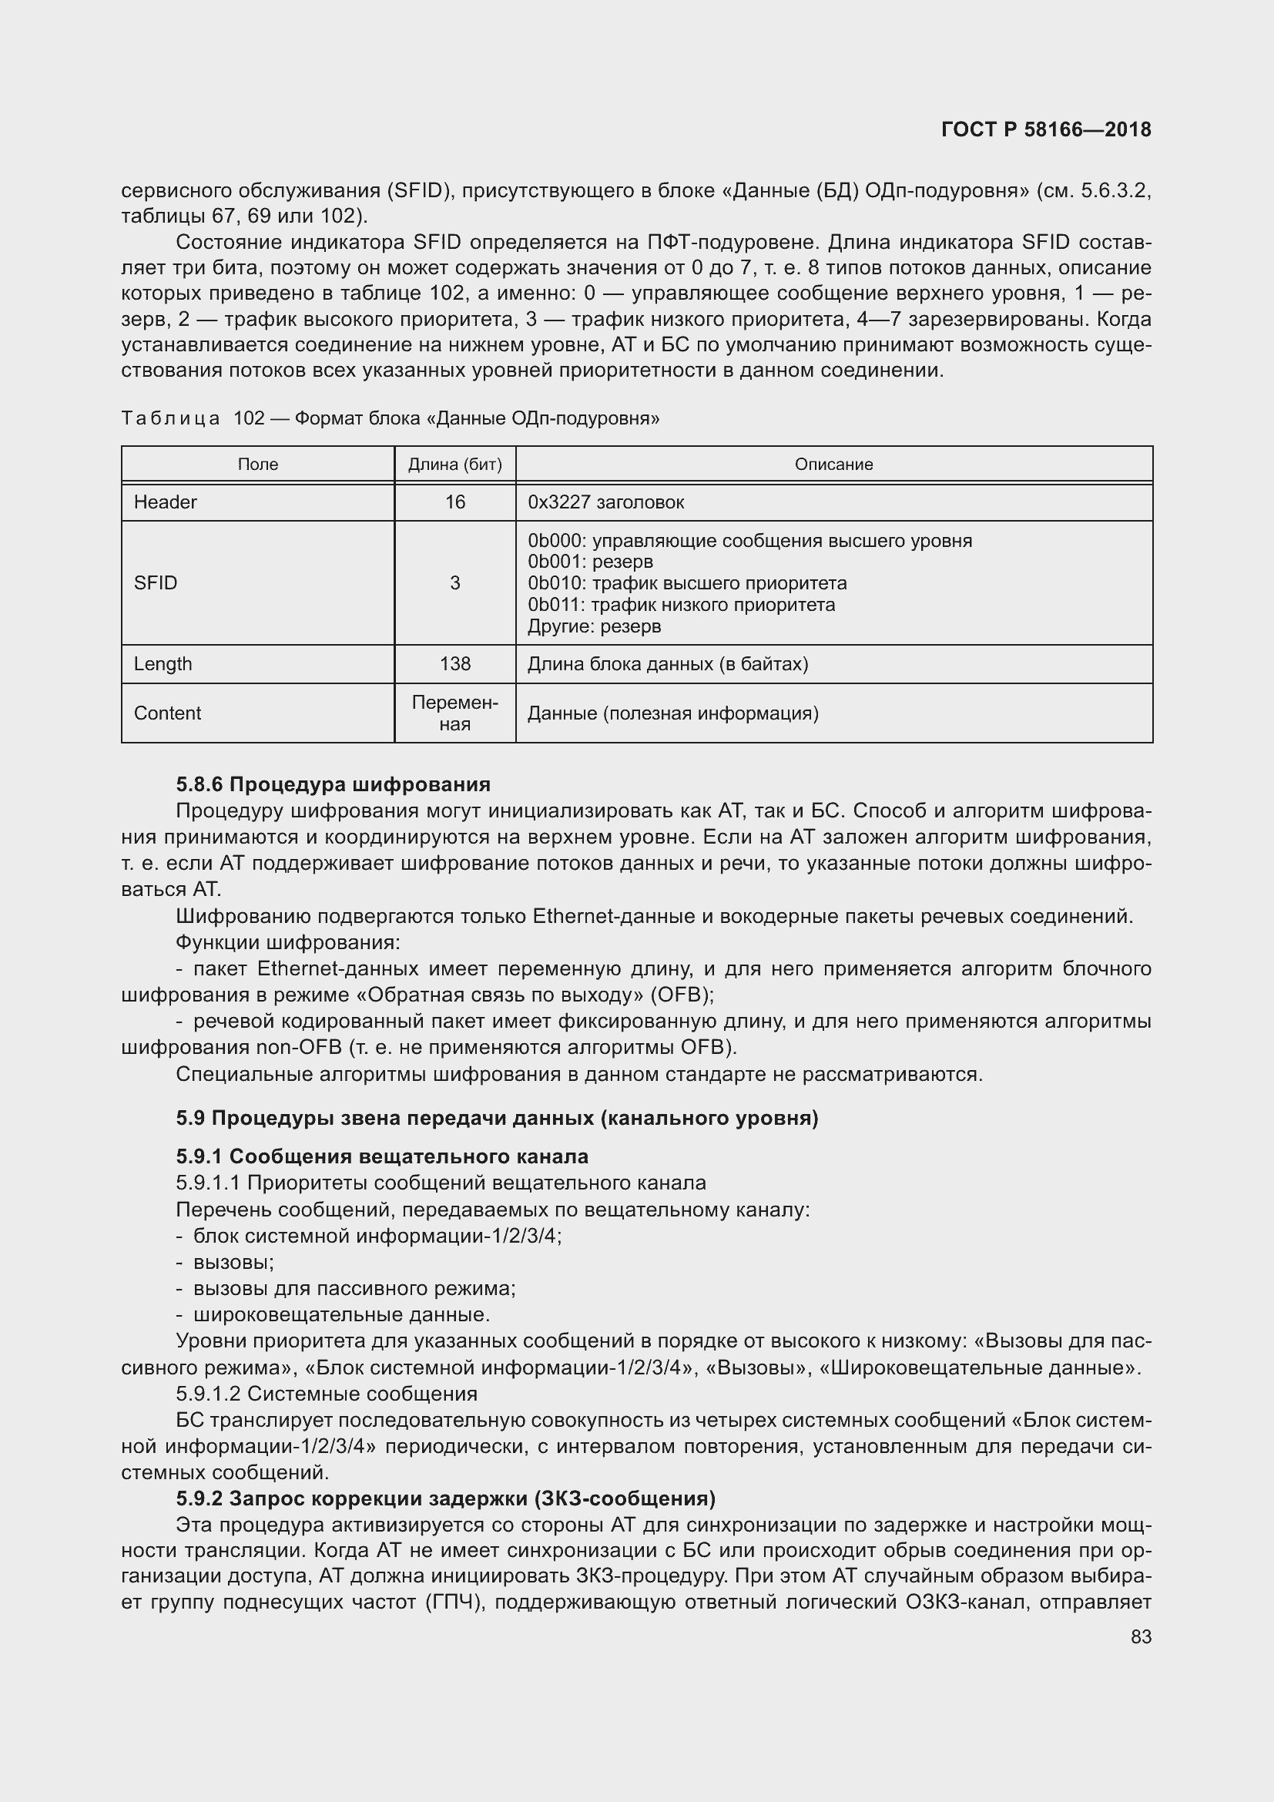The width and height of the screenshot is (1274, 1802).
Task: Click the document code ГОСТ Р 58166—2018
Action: (1046, 129)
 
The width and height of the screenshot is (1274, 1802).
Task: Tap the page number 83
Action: (1141, 1636)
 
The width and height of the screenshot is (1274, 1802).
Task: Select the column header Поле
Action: (257, 464)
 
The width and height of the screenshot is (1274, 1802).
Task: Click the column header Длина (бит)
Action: (454, 464)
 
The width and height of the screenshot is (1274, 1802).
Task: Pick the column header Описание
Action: (833, 464)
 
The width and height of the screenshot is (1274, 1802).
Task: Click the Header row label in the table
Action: (165, 502)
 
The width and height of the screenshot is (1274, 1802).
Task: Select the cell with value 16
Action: (454, 502)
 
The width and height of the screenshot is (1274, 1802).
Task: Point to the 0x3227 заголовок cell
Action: (605, 502)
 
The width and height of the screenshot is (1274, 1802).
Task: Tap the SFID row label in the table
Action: (156, 582)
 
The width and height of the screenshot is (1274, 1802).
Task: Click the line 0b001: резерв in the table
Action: (590, 561)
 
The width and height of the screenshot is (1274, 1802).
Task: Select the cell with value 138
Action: (454, 663)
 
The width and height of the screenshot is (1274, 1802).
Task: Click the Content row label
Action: (167, 713)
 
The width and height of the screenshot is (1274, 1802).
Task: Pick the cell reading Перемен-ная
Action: (454, 713)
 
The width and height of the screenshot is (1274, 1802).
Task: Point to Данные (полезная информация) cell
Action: (672, 713)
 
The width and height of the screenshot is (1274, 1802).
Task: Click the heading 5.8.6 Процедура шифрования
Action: (333, 784)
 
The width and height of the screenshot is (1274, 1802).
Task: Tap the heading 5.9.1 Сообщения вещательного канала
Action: (381, 1156)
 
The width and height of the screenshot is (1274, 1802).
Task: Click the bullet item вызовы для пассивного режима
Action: (354, 1288)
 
